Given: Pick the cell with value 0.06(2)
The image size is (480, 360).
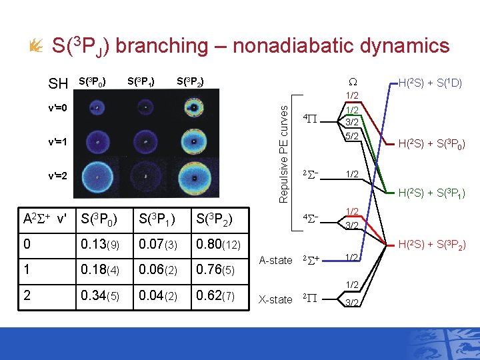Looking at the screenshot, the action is (x=158, y=270).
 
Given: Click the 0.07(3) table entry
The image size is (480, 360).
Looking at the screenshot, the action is (x=158, y=245).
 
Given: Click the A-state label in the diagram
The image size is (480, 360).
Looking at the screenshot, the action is (x=275, y=260).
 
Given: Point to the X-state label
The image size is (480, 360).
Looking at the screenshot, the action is (x=275, y=299).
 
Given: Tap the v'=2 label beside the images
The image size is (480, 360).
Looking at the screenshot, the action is (x=57, y=176).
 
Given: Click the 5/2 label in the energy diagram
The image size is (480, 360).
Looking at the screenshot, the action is (x=352, y=137).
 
